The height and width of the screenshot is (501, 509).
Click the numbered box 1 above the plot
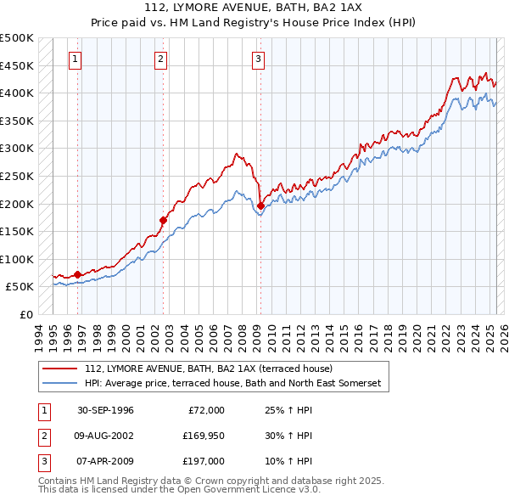pos(76,59)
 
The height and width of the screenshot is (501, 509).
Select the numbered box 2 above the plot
pos(160,59)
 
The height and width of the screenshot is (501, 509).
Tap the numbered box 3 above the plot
pos(258,59)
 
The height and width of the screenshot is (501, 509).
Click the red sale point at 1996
pos(77,274)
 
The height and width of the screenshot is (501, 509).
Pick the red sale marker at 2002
pos(163,220)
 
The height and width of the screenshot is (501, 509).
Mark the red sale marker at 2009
pos(260,205)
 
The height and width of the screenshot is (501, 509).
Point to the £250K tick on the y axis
pos(17,176)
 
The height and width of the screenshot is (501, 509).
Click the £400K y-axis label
pos(17,93)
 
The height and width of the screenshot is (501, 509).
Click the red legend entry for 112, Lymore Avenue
pos(209,369)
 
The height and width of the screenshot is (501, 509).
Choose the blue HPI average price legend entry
pos(233,384)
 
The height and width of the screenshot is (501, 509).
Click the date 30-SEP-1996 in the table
pos(106,410)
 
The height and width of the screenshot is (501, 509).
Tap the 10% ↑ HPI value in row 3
pos(288,461)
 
